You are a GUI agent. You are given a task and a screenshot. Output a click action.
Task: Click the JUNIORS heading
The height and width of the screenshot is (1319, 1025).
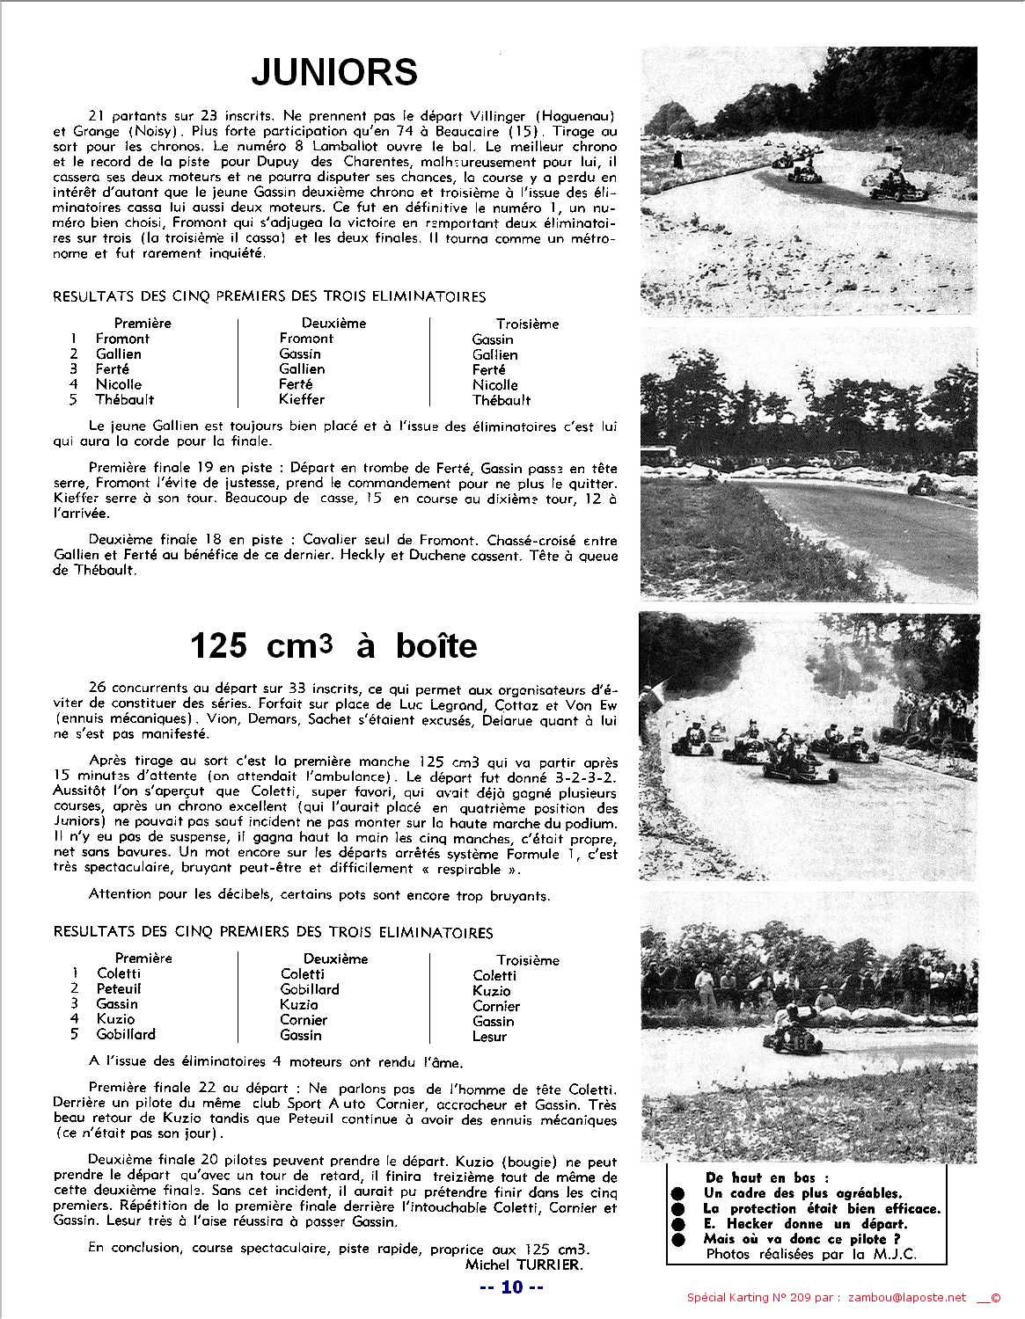[334, 72]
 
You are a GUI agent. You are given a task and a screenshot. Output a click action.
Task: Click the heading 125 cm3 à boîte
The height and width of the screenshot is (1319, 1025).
[333, 646]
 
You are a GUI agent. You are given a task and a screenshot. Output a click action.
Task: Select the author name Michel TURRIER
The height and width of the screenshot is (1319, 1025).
[523, 1264]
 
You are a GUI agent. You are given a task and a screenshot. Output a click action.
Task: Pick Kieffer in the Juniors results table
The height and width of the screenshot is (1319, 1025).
[302, 399]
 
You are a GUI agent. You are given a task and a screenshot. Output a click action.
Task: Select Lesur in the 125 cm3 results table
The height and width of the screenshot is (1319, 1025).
[489, 1036]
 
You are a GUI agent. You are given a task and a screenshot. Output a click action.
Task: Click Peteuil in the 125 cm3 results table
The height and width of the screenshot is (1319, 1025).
[119, 988]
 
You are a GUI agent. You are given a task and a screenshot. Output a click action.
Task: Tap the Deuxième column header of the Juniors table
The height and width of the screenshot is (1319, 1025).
[334, 323]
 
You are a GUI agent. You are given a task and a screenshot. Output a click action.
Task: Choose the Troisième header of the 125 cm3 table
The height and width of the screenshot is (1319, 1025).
[527, 960]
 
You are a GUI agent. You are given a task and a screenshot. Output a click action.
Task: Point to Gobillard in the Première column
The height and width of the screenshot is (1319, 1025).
[126, 1034]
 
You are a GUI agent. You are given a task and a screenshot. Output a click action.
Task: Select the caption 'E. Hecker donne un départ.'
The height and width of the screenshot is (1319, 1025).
[805, 1223]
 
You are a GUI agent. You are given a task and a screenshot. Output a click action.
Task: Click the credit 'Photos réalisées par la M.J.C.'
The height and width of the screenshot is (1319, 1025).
[810, 1254]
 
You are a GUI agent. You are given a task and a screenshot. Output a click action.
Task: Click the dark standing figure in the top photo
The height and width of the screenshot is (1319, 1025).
[678, 159]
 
